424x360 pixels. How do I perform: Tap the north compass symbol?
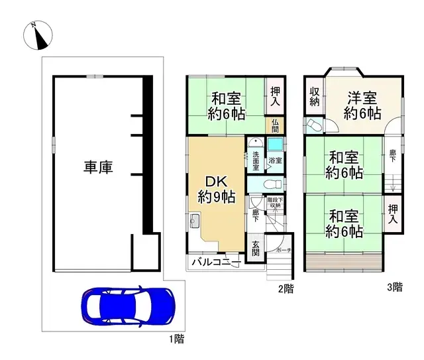tap(39, 37)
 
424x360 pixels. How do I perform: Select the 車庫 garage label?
tap(98, 166)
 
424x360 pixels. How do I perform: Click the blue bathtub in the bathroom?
tap(274, 145)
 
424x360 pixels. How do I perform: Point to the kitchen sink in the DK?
tap(195, 221)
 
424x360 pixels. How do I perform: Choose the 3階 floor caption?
tap(394, 288)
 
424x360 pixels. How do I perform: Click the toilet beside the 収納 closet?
tap(313, 125)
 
